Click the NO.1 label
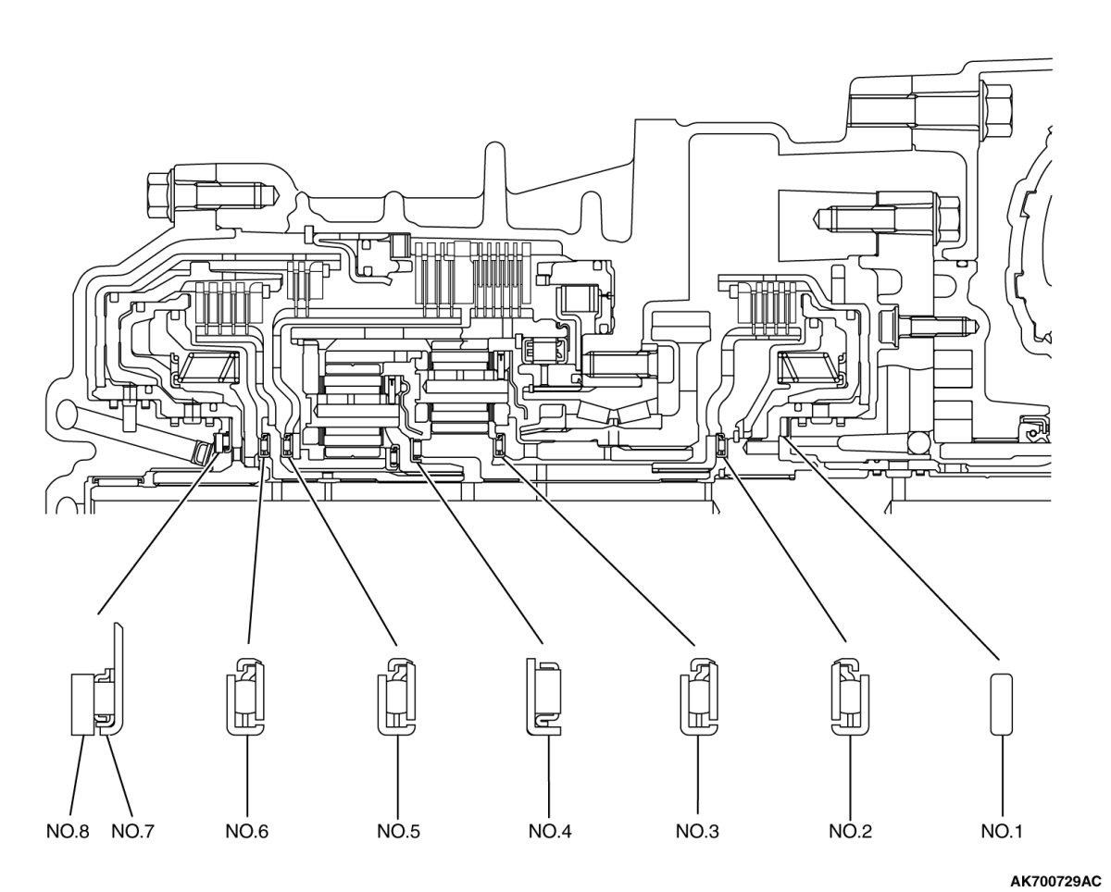pos(1002,831)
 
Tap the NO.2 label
pos(850,831)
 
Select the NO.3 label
pos(697,831)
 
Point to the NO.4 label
pos(549,831)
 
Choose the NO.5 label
pos(398,831)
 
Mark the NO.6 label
pos(247,831)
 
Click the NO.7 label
pos(132,831)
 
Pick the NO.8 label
pos(68,831)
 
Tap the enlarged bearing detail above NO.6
pos(247,697)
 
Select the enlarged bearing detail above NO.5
pos(397,697)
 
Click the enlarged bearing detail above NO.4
pos(543,697)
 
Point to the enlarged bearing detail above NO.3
pos(698,697)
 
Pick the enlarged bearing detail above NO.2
pos(850,697)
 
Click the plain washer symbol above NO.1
pos(1002,704)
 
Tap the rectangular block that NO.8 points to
pos(82,704)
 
